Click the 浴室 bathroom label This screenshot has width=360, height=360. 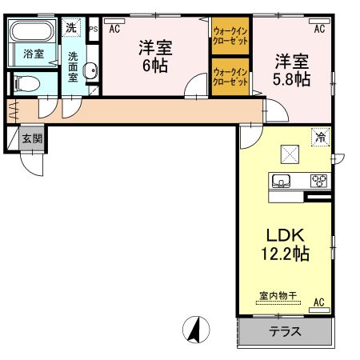33,54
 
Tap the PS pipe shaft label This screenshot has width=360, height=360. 94,29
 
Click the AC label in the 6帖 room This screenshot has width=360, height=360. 114,29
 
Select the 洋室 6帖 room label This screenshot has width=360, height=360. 154,55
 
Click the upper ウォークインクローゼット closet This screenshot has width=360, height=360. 230,36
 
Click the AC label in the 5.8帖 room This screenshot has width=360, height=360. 318,29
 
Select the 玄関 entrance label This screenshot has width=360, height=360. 32,138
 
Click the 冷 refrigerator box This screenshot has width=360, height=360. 320,137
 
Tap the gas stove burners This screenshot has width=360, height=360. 318,180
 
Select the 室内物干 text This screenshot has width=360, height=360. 278,296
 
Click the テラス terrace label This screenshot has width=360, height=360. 285,331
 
